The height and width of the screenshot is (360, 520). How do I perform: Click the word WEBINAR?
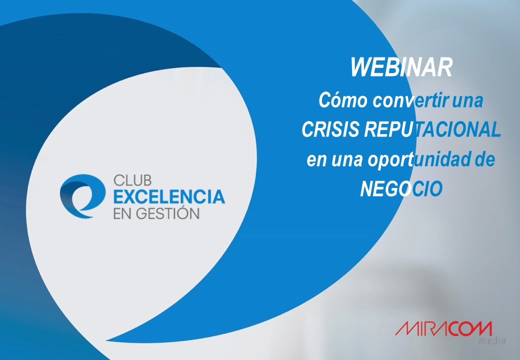401,67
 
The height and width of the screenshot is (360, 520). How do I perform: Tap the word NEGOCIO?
401,188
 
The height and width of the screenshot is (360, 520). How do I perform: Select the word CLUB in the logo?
132,180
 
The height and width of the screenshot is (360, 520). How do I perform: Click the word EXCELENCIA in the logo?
169,197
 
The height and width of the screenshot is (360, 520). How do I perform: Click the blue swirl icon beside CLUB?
82,196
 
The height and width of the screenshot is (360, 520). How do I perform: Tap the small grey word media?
492,340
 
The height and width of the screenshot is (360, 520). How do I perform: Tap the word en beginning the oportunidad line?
316,161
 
